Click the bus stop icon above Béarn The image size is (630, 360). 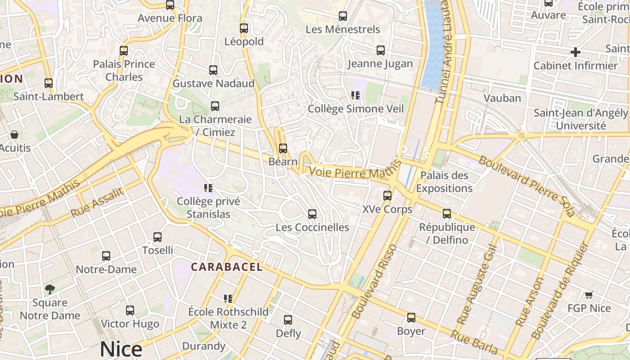coord(283,148)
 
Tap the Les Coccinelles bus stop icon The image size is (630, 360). coord(312,214)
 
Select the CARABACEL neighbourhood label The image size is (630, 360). coord(226,267)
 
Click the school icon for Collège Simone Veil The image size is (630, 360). coord(355,95)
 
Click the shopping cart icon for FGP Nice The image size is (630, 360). coord(589,295)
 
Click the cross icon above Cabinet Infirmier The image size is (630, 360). coord(575,52)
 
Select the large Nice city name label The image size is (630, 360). coord(121,349)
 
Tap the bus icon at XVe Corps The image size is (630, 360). coord(387,196)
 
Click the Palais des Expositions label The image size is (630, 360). coord(444,182)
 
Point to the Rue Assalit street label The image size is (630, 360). coord(97,202)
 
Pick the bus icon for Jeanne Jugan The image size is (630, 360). coord(380,50)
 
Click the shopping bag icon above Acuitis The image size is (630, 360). coord(14,135)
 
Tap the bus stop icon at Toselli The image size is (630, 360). coord(157,237)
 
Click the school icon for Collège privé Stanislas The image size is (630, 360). coord(208,188)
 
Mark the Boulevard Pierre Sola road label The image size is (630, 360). coord(526,186)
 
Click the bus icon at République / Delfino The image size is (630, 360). coord(446,214)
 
